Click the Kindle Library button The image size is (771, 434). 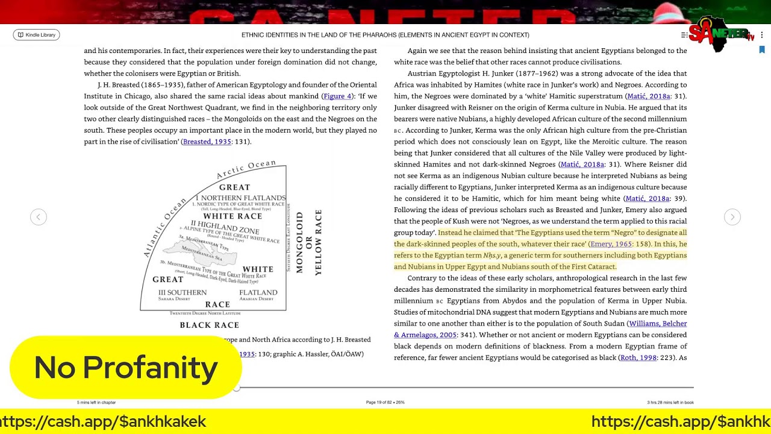[36, 35]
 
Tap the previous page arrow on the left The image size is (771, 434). [39, 217]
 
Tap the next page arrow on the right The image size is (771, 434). [732, 217]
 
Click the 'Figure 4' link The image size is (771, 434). [337, 96]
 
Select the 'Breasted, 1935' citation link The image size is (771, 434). [207, 142]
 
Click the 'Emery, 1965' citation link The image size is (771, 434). [611, 244]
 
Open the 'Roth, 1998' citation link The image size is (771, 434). [638, 357]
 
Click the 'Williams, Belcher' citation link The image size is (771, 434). [658, 324]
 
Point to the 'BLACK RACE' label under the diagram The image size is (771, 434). [210, 325]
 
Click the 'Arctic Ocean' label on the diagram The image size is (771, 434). [246, 169]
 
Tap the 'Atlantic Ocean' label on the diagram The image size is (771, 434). [164, 228]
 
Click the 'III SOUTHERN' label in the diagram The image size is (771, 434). [183, 292]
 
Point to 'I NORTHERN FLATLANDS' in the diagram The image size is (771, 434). [240, 198]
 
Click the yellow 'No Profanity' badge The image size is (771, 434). [125, 368]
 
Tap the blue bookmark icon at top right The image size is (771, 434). [762, 50]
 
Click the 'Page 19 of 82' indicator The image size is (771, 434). [385, 402]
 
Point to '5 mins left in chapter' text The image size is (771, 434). [96, 402]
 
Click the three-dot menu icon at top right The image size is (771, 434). [762, 35]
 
